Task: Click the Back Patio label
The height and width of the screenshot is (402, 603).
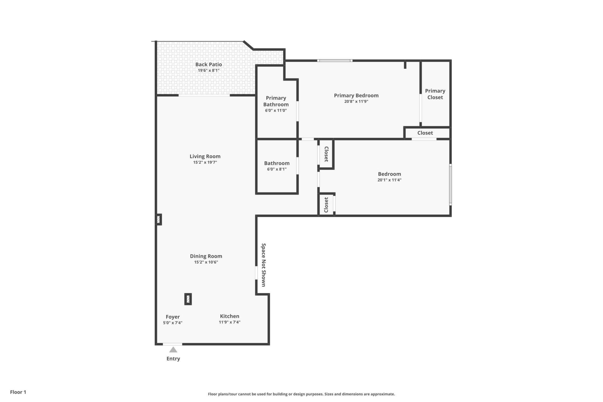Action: pos(209,64)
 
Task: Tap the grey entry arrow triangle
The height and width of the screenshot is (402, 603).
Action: pos(173,350)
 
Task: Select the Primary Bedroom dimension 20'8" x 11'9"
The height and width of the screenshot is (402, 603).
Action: pos(356,101)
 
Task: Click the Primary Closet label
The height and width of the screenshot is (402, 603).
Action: pos(435,94)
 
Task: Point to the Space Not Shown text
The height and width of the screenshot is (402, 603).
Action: pos(263,265)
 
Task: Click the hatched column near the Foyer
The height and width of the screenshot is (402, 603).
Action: pos(188,299)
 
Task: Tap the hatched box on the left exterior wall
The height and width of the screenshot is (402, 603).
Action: pos(159,219)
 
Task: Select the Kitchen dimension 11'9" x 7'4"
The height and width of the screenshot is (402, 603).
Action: pos(230,322)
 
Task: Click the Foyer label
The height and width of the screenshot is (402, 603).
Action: pos(173,317)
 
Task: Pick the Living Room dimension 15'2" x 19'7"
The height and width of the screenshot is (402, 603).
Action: pos(205,162)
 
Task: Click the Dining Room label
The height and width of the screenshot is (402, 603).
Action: pos(206,256)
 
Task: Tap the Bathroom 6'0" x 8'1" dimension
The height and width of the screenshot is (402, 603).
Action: pos(277,169)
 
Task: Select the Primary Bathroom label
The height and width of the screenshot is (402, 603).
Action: pos(276,101)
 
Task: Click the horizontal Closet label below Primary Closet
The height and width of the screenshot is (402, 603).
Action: pos(425,133)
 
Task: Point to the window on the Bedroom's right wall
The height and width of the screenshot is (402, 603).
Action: pos(450,185)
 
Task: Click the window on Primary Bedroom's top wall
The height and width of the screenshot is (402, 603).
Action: pos(334,60)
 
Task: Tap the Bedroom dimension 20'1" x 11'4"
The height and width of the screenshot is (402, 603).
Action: pos(389,180)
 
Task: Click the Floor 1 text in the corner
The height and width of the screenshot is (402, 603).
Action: pos(18,392)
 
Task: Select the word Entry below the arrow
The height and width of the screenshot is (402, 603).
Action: pos(173,359)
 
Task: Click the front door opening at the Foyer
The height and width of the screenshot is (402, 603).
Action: pos(172,344)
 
